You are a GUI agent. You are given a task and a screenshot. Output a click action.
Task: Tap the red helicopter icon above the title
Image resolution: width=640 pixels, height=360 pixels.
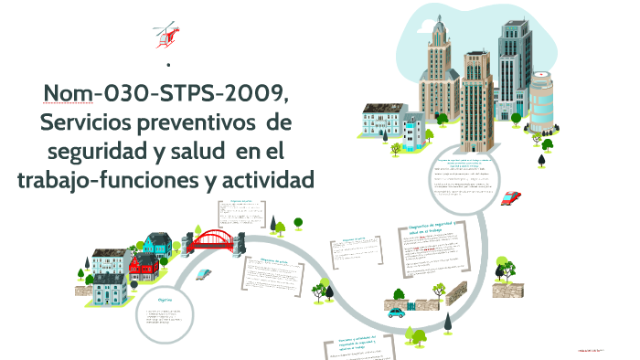(165, 34)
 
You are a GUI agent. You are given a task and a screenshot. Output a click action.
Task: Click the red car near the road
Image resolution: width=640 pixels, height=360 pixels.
(511, 196)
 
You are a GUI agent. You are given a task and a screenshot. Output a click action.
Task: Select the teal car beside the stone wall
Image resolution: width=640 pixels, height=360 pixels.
(396, 312)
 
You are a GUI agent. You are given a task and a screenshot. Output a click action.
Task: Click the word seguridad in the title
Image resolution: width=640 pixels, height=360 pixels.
(101, 149)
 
